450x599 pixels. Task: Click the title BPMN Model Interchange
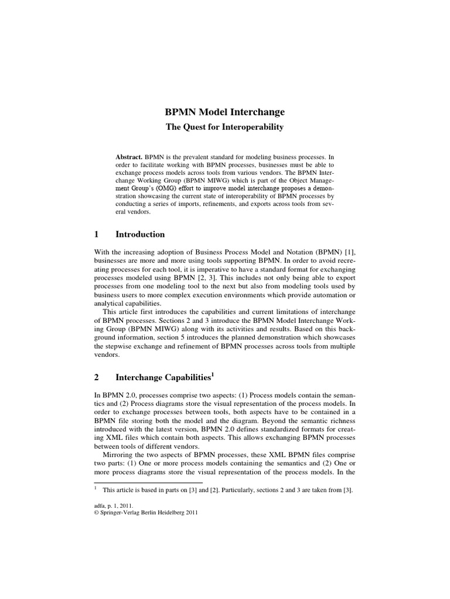[224, 112]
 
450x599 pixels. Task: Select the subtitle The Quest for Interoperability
[224, 127]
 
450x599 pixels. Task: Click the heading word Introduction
[140, 235]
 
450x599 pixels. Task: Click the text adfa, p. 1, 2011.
[114, 505]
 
